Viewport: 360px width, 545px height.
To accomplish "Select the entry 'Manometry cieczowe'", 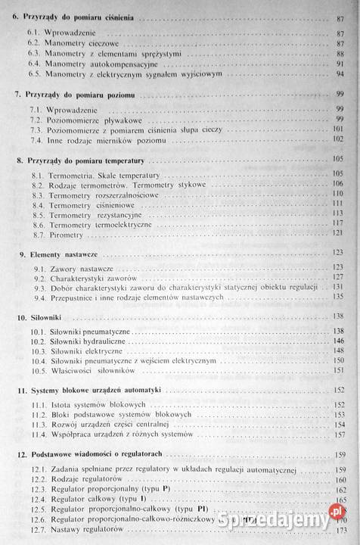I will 79,45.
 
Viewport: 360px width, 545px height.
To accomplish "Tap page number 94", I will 340,73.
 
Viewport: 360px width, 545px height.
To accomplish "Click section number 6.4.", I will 34,64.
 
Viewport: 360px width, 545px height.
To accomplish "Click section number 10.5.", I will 37,371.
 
